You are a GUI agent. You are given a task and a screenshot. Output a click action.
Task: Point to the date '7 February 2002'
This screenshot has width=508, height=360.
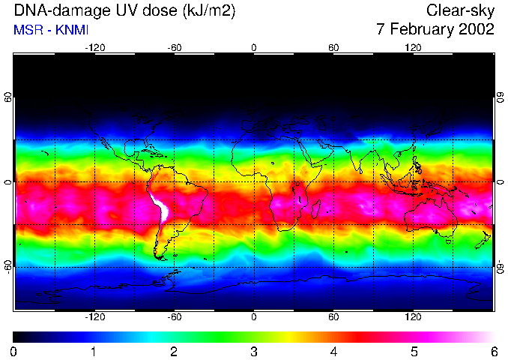click(435, 30)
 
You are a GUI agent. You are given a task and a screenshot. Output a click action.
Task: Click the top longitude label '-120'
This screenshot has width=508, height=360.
click(94, 47)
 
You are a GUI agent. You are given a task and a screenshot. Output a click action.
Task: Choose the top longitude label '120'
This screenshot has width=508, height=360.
click(413, 47)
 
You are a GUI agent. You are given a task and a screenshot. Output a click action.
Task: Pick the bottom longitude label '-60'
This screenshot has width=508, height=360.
click(175, 317)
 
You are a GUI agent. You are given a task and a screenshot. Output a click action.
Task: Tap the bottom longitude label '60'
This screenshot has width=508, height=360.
click(333, 317)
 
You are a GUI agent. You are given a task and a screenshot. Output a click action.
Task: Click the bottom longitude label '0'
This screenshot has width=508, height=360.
click(254, 317)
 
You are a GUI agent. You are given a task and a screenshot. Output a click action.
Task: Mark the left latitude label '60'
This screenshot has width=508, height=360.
click(9, 97)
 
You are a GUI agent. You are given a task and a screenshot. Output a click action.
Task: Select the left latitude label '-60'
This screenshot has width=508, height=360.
click(9, 266)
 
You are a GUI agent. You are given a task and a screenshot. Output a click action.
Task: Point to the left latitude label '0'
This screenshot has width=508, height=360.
click(9, 182)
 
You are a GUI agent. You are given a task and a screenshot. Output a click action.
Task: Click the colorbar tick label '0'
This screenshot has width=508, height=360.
click(14, 351)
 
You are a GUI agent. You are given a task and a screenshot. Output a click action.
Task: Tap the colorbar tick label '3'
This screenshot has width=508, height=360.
click(254, 351)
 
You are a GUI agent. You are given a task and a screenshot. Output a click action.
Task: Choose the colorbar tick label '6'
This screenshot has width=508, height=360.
click(493, 351)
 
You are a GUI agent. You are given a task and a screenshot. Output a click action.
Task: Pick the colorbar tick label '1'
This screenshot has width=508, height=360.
click(94, 351)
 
